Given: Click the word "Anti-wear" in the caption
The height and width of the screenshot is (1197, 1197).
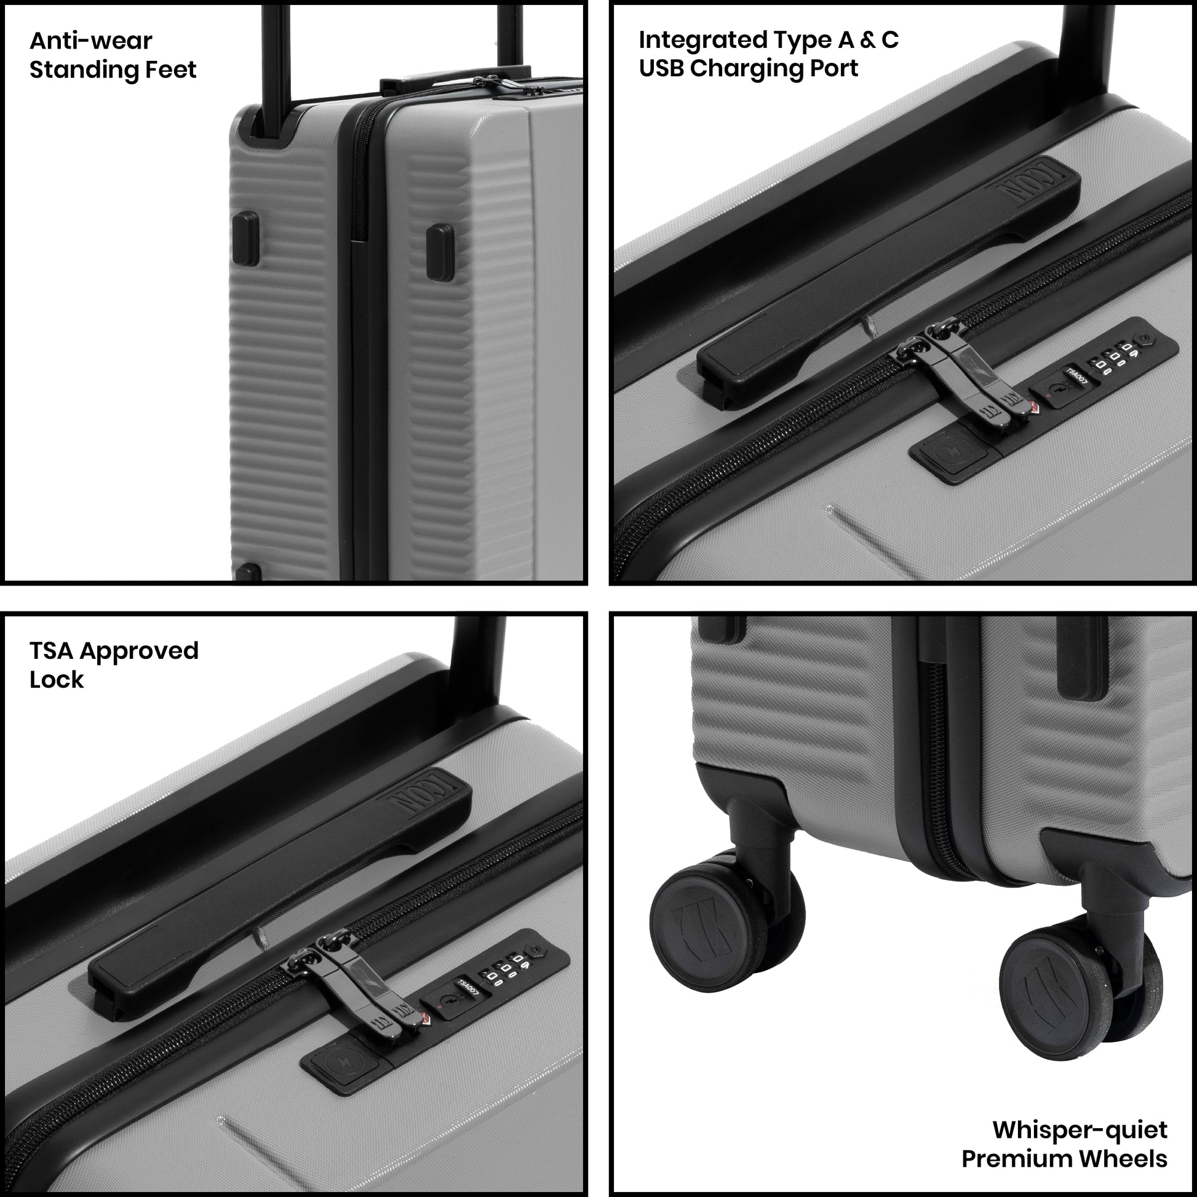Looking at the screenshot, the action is pos(90,41).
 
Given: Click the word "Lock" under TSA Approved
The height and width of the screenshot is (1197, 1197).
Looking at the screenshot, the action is pos(57,680).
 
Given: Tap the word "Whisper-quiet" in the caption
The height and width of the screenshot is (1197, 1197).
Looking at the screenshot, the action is pos(1080,1129).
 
